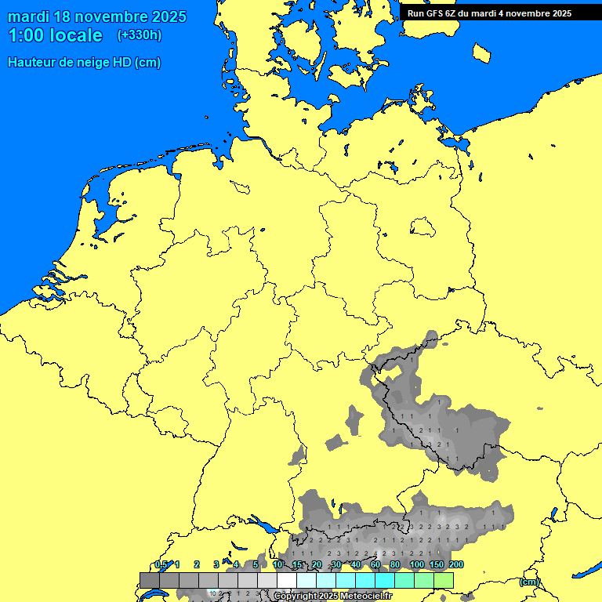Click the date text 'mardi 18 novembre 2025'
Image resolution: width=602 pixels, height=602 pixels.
pos(97,16)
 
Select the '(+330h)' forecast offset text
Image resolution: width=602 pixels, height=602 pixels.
pos(140,35)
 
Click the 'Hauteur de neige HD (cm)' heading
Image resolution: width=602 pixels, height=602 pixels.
pos(84,63)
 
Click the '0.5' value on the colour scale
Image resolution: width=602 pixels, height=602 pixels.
pos(161,564)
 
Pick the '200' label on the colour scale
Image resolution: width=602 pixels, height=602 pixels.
pos(455,564)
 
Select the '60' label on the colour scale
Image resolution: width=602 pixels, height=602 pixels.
pos(375,564)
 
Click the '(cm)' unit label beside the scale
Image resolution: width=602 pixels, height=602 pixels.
pos(529,582)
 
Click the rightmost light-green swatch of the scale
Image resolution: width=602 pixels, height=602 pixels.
pos(444,580)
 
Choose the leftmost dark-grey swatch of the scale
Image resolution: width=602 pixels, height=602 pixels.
pos(150,580)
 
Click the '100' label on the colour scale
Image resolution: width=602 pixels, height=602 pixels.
pos(416,564)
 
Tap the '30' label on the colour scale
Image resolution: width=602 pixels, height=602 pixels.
pos(335,564)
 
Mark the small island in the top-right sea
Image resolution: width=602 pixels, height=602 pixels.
pos(481,53)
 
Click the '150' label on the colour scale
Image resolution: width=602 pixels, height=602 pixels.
pos(436,564)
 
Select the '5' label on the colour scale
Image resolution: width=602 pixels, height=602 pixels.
pos(256,564)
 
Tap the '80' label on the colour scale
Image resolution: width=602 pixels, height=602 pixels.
pos(395,564)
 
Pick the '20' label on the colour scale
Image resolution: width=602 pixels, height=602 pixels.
pos(317,564)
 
